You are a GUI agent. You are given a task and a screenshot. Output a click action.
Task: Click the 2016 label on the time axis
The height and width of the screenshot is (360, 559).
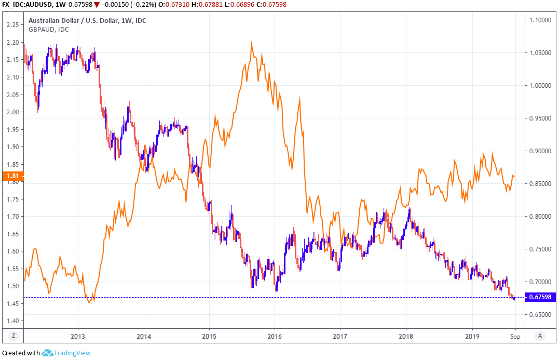click(274, 336)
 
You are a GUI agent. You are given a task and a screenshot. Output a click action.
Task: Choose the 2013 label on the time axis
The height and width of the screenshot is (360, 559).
click(78, 336)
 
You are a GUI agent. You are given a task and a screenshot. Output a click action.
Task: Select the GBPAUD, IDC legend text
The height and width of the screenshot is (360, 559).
click(49, 30)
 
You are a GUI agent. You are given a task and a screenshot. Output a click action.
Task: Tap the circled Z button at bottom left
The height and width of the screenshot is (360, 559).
click(12, 336)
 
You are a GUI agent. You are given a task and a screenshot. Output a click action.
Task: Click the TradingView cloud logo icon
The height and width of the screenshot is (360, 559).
click(48, 353)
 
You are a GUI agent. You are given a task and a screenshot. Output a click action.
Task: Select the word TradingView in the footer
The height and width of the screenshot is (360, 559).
click(72, 353)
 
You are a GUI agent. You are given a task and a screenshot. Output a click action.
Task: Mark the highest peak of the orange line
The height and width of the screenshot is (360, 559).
click(252, 43)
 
